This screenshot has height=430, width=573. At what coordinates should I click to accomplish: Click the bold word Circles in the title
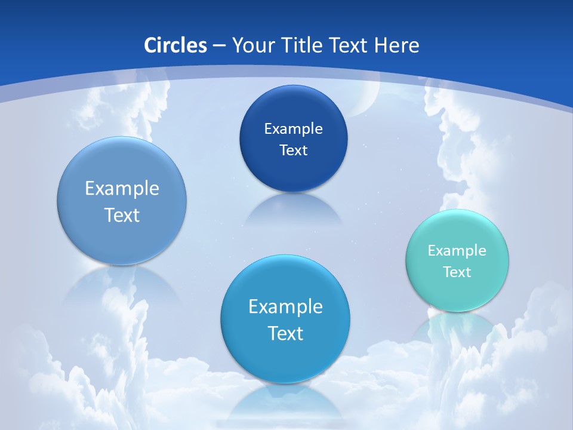[x=175, y=45]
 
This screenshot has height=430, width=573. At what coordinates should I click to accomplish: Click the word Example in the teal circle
[x=457, y=251]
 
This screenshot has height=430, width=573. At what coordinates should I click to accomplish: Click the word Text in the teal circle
[x=457, y=272]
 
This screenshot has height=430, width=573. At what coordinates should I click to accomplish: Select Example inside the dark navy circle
[x=293, y=129]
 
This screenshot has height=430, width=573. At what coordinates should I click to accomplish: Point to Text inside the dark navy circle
[x=293, y=150]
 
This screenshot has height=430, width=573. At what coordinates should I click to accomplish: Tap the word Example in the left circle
[x=122, y=189]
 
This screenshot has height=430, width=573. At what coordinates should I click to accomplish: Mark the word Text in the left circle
[x=122, y=215]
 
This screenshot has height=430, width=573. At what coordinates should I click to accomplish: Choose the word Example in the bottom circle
[x=285, y=307]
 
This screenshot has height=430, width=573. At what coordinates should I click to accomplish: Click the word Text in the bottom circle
[x=285, y=333]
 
